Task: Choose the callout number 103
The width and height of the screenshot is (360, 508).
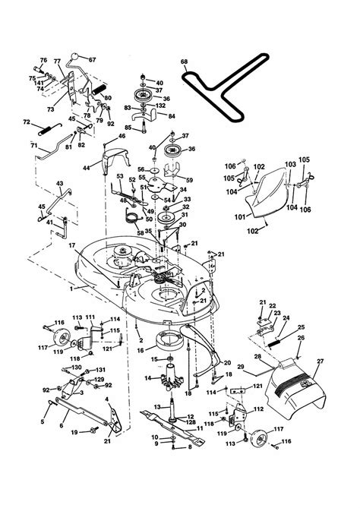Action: click(x=289, y=163)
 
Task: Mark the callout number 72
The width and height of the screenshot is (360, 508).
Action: click(x=26, y=121)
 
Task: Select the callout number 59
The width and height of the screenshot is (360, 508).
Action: click(x=189, y=179)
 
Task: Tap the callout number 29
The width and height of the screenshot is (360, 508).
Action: click(x=242, y=366)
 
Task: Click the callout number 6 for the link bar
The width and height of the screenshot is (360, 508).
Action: click(x=61, y=426)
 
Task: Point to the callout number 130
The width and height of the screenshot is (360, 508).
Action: click(x=76, y=368)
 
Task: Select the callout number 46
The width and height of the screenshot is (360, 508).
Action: click(x=121, y=136)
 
